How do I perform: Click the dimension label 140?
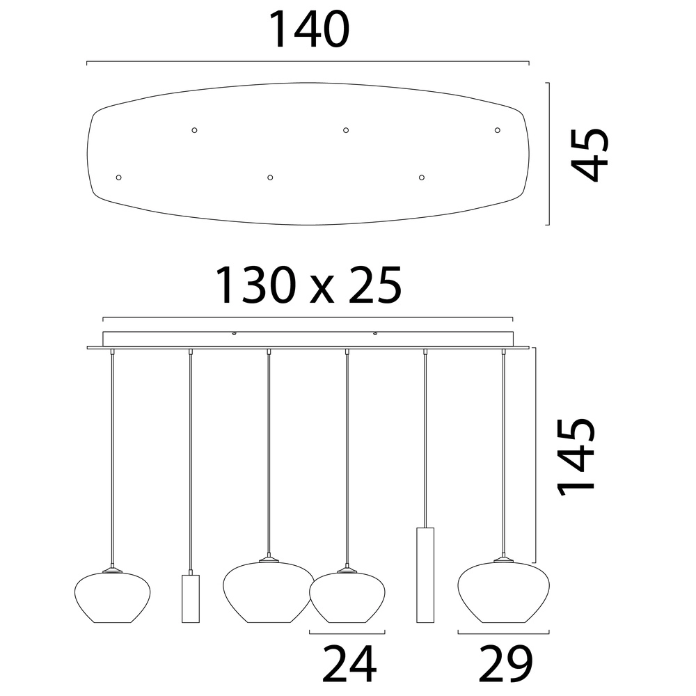tap(309, 30)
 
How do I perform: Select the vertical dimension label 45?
tap(590, 155)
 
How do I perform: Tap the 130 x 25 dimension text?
tap(308, 285)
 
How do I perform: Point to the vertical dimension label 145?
tap(576, 457)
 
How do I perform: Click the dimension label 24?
tap(349, 664)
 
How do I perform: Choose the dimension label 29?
tap(505, 664)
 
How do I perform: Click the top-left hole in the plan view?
tap(194, 130)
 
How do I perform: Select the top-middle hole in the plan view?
tap(346, 130)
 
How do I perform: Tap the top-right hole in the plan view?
tap(497, 130)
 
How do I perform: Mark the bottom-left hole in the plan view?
tap(118, 177)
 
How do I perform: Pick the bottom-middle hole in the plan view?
tap(270, 177)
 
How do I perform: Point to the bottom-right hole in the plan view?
tap(422, 177)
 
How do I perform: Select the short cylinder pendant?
tap(191, 599)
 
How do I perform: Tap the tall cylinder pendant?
tap(425, 576)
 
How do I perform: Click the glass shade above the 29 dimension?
tap(503, 592)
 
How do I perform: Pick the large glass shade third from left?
tap(269, 592)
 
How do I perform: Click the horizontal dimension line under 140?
tap(308, 61)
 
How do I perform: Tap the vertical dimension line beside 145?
tap(537, 455)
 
